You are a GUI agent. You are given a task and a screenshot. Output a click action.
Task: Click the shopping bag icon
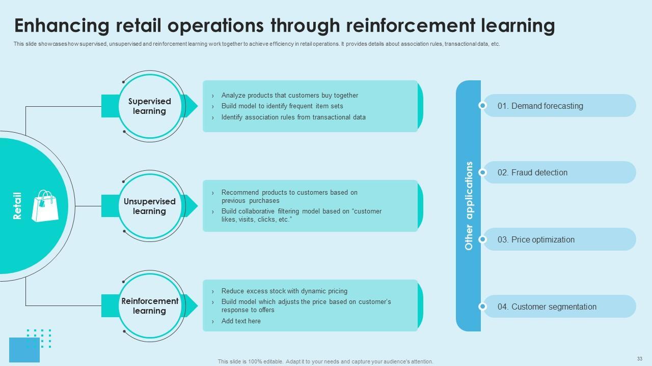point(45,206)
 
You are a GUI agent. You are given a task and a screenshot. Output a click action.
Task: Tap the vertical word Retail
point(17,206)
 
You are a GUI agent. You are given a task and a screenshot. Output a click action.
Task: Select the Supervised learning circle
point(150,106)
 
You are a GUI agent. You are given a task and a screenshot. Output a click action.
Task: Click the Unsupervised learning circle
point(150,206)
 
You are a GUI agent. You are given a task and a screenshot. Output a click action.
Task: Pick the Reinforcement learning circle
point(150,306)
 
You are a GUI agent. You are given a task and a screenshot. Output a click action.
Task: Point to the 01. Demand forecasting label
point(540,106)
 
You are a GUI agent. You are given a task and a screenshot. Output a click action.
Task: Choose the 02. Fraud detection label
point(532,173)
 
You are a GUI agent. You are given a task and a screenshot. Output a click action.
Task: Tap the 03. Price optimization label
point(536,240)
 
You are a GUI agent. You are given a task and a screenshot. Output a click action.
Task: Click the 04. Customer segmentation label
point(547,307)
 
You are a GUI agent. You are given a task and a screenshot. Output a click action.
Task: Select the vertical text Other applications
point(469,206)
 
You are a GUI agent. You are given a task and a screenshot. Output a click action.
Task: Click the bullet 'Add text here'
point(241,321)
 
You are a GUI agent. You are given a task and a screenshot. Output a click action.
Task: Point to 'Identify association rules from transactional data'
point(293,117)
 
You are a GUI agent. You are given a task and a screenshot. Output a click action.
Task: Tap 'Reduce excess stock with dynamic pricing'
point(284,291)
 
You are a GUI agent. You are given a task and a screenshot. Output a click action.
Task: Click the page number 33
point(640,358)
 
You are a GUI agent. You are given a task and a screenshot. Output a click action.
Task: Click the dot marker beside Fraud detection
point(482,173)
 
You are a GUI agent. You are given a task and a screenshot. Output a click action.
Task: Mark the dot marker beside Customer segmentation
point(482,307)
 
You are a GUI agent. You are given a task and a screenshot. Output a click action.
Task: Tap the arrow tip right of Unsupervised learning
point(193,206)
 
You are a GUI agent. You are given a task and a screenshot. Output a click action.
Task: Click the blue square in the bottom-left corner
point(24,350)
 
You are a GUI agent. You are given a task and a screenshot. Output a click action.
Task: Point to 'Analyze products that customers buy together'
point(289,96)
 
